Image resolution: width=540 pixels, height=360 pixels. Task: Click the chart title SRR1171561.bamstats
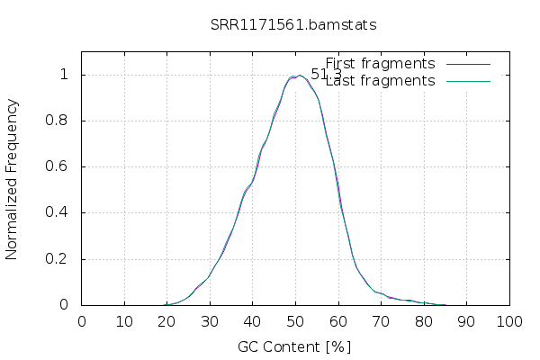point(293,24)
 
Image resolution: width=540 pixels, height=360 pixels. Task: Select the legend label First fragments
point(380,64)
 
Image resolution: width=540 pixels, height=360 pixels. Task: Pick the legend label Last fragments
point(380,81)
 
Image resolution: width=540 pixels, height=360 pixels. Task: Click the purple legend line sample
point(466,64)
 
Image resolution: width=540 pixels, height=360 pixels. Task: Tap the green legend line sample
point(466,81)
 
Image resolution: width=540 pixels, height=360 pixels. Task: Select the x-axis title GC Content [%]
point(294,346)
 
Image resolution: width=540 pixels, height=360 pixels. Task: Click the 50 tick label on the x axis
point(295,321)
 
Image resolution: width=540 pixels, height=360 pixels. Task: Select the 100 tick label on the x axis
point(509,321)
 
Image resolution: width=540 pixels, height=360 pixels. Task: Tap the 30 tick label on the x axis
point(210,321)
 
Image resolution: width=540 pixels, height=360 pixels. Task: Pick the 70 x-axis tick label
point(381,321)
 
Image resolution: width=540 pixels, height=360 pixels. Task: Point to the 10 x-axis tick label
point(124,321)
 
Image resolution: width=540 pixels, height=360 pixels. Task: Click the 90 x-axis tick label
point(466,321)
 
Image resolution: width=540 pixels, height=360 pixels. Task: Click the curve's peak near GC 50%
point(298,76)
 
